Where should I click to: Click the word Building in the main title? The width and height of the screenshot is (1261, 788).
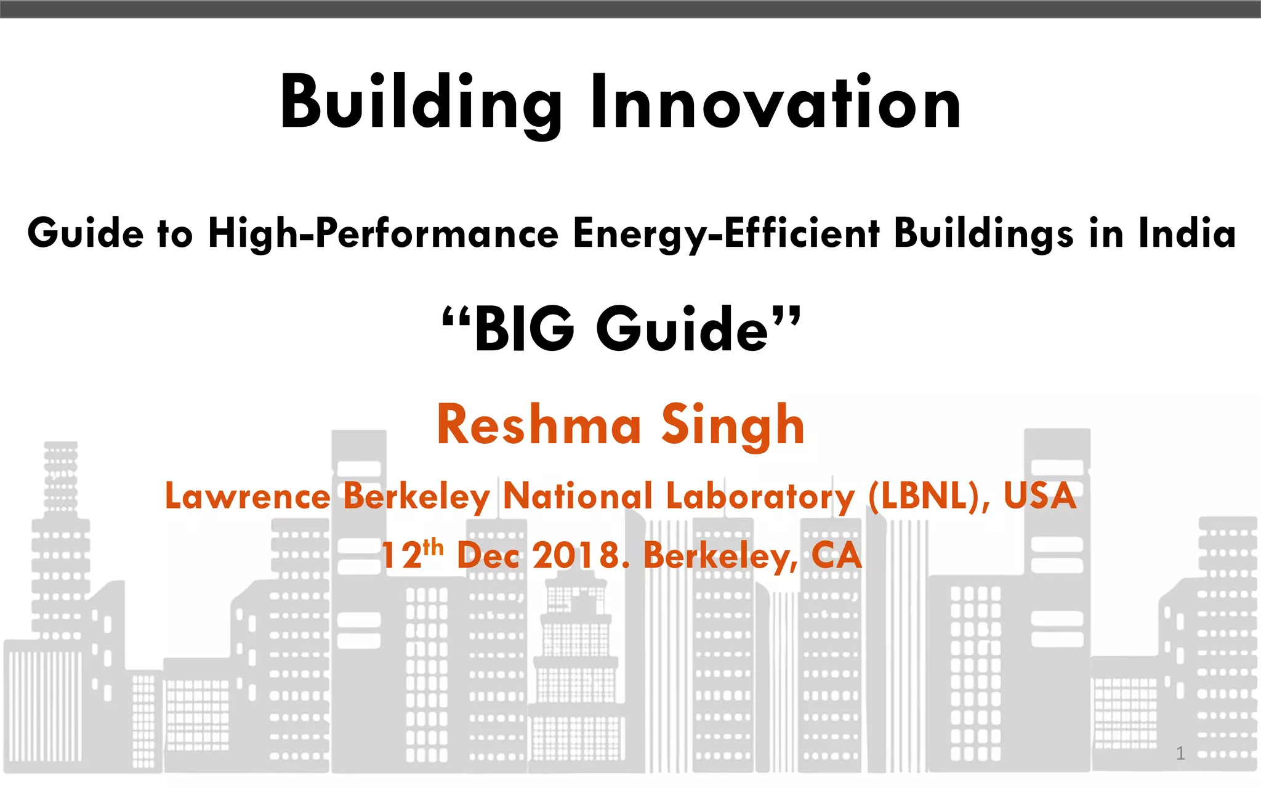click(421, 103)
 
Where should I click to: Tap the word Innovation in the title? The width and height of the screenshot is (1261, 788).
click(776, 102)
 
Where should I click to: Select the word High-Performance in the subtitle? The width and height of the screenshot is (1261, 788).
click(384, 234)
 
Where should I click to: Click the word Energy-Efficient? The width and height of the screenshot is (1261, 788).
click(727, 234)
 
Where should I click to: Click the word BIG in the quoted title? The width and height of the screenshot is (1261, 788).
click(524, 330)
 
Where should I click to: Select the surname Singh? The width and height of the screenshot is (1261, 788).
click(733, 426)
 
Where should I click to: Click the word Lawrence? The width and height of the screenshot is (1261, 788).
click(248, 496)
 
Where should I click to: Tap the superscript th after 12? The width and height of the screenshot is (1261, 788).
click(433, 546)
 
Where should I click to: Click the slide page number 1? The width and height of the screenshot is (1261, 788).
click(1180, 753)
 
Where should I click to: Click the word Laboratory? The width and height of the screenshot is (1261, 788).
click(760, 496)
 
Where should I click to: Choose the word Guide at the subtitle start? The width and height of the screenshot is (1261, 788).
click(85, 234)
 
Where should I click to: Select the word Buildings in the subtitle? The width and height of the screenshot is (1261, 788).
click(984, 234)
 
